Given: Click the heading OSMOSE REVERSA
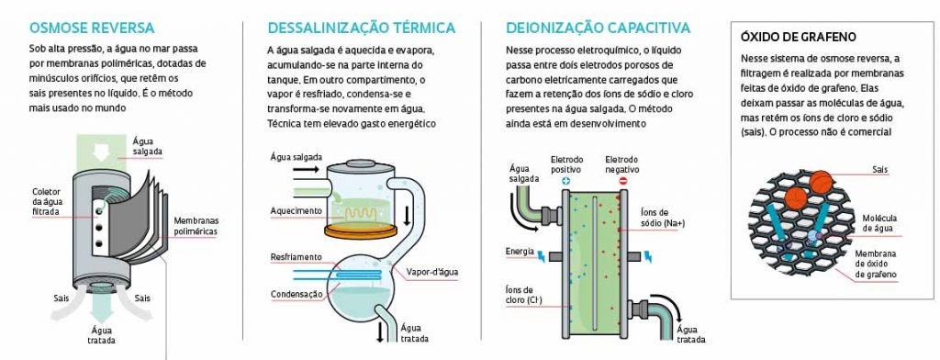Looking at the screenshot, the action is point(92,28).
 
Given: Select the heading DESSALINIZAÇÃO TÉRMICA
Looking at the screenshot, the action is point(362,28).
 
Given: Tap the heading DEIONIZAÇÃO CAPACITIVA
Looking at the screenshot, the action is point(598,28).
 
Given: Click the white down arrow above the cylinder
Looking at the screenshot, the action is point(101,153).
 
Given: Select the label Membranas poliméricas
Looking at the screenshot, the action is point(196,226).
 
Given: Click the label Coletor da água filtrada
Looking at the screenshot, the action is point(48,202).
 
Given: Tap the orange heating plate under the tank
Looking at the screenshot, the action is point(362,230).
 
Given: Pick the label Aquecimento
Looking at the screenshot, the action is point(297,211).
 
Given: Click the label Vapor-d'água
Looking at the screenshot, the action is point(432,273).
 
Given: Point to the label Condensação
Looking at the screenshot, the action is point(297,294).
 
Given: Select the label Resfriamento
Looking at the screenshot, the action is point(297,257).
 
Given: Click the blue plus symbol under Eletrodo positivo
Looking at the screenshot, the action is point(565,180).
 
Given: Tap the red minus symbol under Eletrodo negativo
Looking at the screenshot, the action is point(622,180).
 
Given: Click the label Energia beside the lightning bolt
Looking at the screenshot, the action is point(520,251).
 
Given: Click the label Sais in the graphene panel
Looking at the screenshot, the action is point(880,170).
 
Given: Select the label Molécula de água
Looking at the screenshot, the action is point(878,223).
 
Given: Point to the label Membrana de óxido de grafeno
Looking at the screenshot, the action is point(876,264).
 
